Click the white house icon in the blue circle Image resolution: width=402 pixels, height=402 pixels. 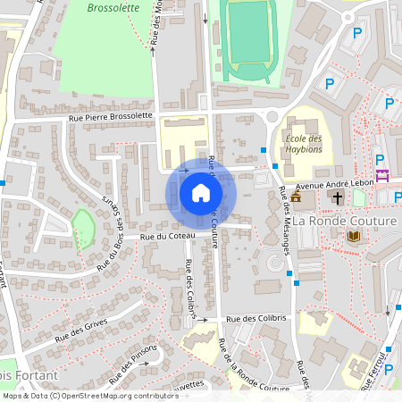point(200,193)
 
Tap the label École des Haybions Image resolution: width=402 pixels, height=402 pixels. point(302,144)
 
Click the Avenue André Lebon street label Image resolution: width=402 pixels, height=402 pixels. point(335,182)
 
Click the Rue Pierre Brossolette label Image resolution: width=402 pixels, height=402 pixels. point(112,116)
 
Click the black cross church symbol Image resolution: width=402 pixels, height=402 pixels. point(338,197)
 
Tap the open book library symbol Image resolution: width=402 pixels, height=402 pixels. point(354,236)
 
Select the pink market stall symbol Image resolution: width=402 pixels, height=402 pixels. point(383,175)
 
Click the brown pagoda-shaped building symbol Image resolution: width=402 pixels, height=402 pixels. point(297,197)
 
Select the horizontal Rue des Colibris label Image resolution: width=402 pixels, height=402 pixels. point(255,319)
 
